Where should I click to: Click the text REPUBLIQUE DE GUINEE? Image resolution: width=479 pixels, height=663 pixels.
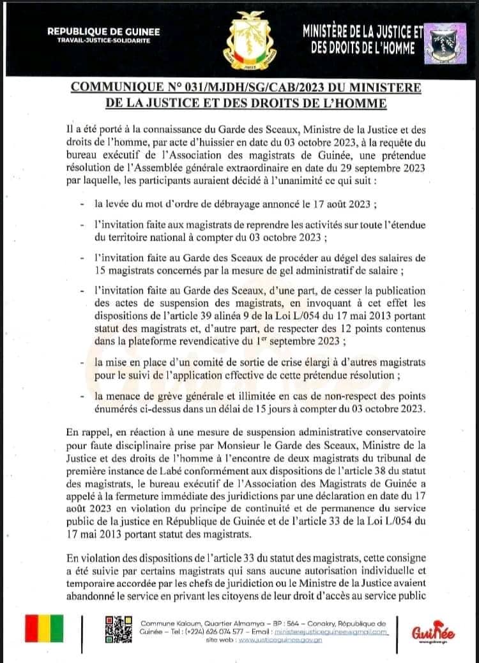[103, 31]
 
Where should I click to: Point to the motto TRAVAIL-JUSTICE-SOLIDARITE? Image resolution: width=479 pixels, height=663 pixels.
[103, 40]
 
